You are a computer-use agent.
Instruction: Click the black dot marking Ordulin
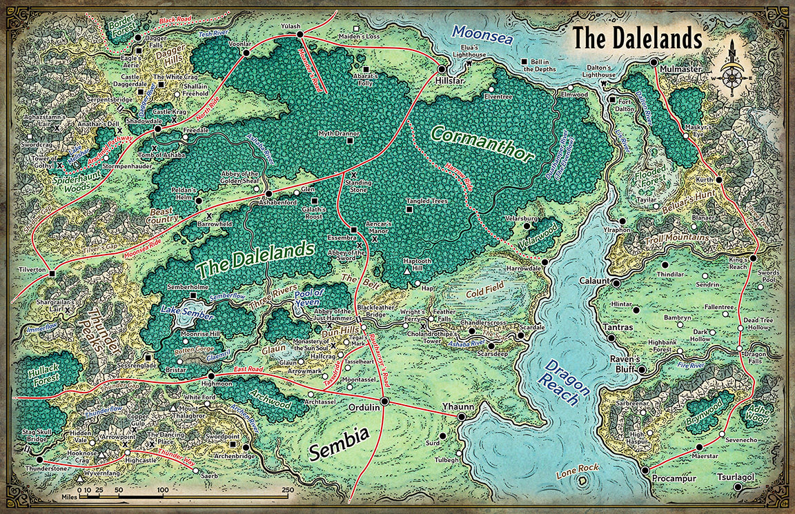pos(384,401)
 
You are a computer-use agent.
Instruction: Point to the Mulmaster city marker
pos(654,62)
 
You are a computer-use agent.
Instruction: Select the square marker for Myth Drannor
pos(351,141)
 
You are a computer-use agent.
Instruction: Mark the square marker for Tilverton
pos(52,275)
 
